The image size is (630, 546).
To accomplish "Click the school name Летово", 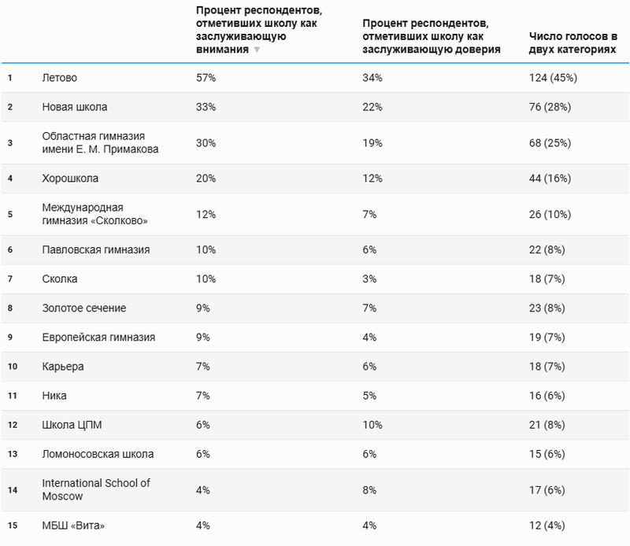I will point(59,78).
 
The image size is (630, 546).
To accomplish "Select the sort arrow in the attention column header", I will point(256,50).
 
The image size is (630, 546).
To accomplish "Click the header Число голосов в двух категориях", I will point(573,42).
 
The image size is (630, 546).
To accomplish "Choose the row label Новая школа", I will point(74,107).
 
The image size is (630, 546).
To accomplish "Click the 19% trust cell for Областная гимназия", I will point(372,142).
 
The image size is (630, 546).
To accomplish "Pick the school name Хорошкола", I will point(70,178).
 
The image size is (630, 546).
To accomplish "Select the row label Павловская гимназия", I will point(95,249).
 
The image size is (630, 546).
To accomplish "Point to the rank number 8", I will point(10,308).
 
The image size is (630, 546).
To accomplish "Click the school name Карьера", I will point(62,366).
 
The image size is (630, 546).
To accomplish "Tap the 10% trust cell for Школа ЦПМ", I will point(372,425).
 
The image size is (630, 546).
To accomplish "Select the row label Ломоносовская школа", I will point(98,454).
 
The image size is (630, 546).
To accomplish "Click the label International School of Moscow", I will point(95,489).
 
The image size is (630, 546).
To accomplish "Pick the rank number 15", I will point(11,526).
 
